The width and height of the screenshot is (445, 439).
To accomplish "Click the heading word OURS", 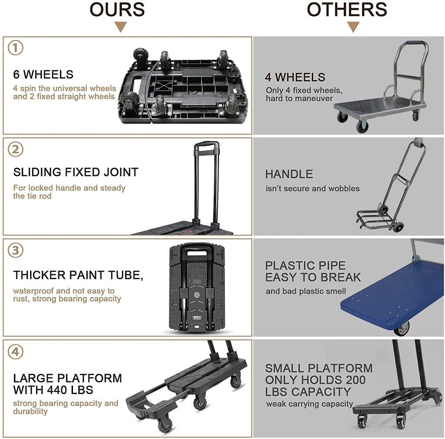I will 117,10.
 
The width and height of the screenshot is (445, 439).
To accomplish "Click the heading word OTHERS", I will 347,10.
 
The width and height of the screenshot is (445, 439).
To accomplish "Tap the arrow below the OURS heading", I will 120,27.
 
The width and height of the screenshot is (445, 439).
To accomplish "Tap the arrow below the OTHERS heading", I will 353,27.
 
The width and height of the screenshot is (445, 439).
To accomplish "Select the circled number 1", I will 16,48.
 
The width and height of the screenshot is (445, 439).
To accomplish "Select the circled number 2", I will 16,149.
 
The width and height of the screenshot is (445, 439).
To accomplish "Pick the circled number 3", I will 16,250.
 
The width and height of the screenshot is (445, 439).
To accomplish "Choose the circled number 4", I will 16,351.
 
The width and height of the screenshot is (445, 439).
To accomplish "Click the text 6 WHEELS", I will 43,75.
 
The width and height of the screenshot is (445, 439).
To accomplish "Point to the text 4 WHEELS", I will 295,77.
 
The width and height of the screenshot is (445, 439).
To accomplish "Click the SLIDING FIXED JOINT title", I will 76,172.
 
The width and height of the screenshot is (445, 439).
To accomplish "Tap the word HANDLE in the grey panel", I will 289,174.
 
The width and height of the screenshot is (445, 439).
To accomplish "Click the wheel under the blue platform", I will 402,328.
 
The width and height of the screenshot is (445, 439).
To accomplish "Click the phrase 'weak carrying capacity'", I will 309,404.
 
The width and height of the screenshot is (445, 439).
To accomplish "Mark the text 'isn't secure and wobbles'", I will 312,189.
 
